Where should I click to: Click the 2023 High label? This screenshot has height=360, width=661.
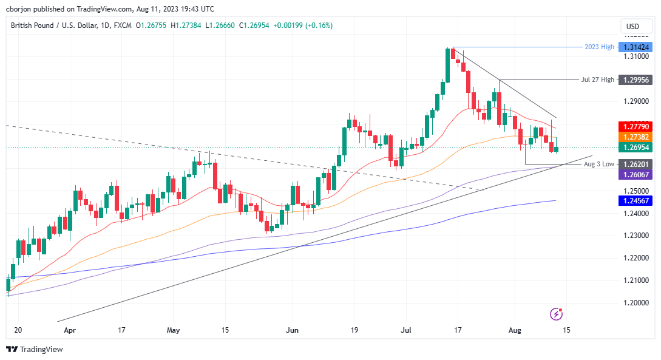pos(598,47)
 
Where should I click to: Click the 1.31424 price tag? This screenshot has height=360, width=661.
pos(634,47)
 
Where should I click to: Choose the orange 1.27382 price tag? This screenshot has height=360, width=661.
pos(634,138)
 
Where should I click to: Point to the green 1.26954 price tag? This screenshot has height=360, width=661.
pos(634,148)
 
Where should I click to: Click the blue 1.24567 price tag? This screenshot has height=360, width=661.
pos(634,201)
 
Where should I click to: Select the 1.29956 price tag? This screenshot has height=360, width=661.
pos(634,80)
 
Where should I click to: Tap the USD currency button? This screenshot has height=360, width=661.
pos(632,26)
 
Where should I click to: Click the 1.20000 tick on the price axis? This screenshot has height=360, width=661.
pos(633,302)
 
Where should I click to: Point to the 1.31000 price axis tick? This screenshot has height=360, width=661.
pos(633,56)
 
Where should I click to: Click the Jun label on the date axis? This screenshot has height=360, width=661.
pos(293,330)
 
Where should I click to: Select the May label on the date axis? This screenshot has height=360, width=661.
pos(174,330)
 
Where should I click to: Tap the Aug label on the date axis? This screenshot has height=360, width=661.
pos(514,330)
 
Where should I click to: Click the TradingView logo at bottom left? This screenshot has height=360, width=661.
pos(35,349)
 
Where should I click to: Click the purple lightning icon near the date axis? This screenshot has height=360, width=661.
pos(555,314)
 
